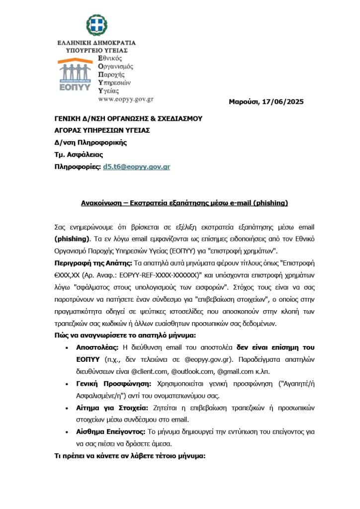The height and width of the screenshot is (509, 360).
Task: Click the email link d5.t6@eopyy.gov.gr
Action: pyautogui.click(x=136, y=167)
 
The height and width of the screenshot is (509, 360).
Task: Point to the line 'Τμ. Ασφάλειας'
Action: pyautogui.click(x=79, y=155)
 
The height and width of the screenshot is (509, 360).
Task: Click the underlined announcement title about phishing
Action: pyautogui.click(x=178, y=203)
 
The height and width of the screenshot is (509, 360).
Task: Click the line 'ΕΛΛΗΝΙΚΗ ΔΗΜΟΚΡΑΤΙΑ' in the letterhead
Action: pyautogui.click(x=96, y=43)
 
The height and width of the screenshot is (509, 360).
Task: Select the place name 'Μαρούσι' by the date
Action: pyautogui.click(x=244, y=102)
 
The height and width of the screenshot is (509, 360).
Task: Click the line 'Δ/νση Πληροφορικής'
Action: pyautogui.click(x=90, y=142)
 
